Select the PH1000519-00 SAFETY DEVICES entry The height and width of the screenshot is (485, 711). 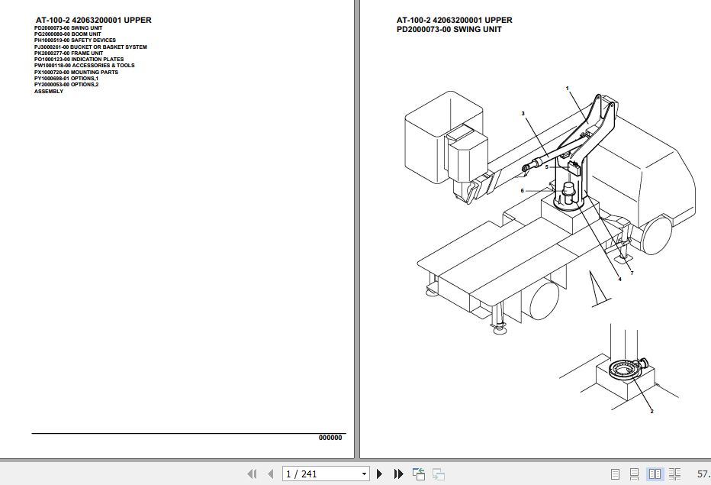click(75, 40)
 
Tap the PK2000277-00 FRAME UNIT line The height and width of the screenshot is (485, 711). click(68, 53)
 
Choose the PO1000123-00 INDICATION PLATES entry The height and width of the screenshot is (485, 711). click(79, 60)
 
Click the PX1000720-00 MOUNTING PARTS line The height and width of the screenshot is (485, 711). click(76, 73)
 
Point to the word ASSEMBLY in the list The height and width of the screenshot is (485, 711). click(49, 92)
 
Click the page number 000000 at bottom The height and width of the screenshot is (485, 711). click(330, 438)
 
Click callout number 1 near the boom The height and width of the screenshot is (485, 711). click(568, 89)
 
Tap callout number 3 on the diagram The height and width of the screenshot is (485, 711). click(523, 114)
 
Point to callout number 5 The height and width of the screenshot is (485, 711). click(546, 167)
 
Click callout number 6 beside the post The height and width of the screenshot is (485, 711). click(523, 191)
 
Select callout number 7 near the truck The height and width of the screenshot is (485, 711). click(632, 273)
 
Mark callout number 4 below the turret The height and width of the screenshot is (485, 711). click(619, 280)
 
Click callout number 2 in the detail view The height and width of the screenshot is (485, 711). click(651, 412)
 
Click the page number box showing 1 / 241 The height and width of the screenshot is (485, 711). click(325, 474)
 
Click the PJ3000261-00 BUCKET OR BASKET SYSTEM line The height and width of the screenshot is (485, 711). click(90, 47)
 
